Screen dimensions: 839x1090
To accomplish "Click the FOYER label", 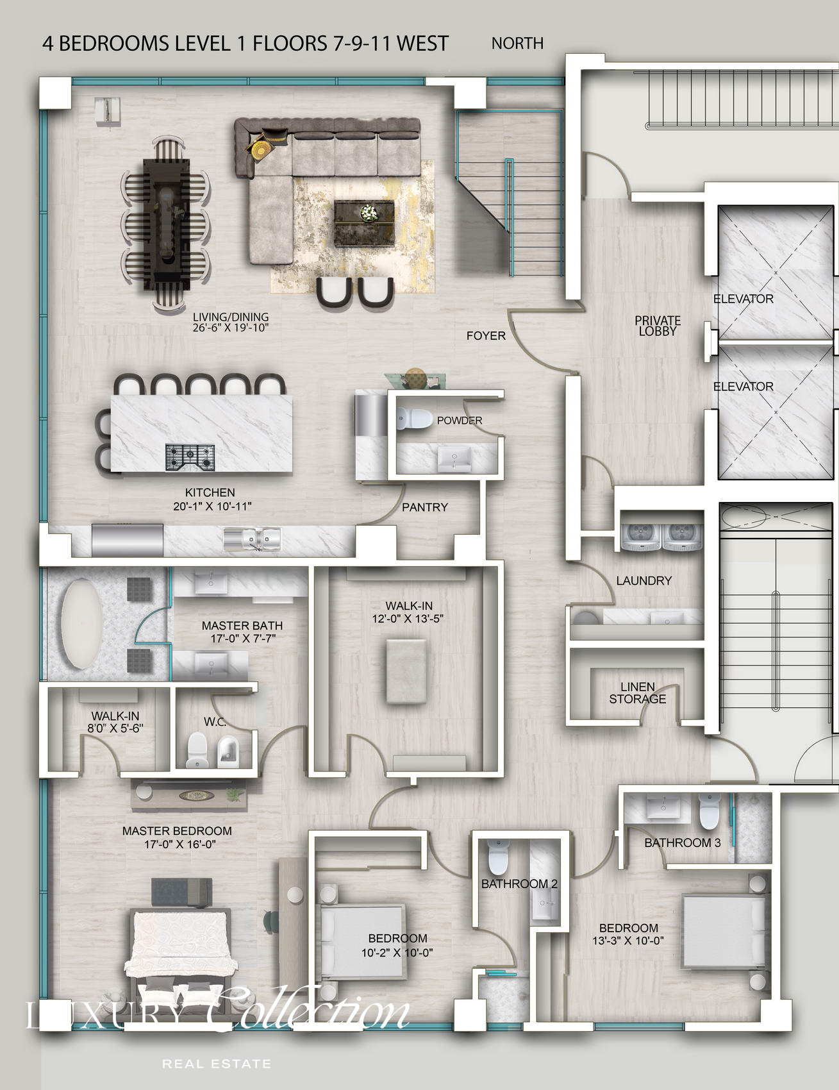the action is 486,335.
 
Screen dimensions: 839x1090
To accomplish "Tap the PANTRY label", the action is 425,507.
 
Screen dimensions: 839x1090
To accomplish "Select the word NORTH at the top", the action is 517,43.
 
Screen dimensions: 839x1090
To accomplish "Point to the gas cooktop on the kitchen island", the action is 190,457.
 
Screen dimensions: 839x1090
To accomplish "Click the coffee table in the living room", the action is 364,223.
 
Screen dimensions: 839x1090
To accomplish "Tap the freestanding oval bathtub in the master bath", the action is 81,624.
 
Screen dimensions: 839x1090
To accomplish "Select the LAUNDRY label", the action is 644,580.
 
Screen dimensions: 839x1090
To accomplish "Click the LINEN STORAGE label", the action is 637,693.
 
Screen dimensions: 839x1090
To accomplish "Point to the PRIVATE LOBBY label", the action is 658,326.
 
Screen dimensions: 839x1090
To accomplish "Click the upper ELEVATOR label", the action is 743,299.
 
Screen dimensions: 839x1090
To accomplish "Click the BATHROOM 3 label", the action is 683,843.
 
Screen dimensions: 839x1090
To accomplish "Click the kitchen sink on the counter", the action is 253,539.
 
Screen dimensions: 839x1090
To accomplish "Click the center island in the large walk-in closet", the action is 406,671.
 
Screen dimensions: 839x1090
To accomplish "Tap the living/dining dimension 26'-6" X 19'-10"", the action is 230,328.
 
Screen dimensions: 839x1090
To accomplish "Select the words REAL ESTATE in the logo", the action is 217,1064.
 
